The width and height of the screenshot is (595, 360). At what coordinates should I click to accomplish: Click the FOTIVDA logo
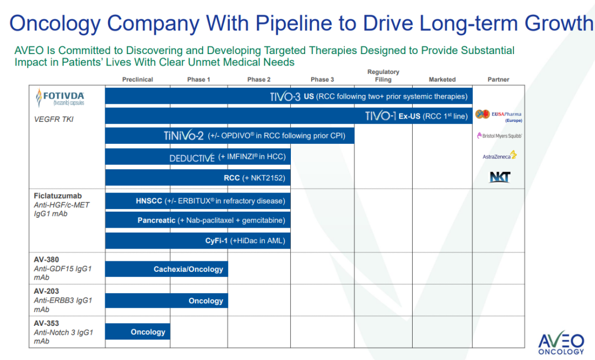pyautogui.click(x=60, y=98)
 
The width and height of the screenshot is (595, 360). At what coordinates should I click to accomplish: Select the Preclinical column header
pyautogui.click(x=137, y=79)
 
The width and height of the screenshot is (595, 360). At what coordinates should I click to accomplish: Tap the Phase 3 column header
pyautogui.click(x=322, y=79)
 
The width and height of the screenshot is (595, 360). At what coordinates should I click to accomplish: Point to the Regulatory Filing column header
pyautogui.click(x=383, y=76)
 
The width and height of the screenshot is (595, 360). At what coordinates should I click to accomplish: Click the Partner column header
pyautogui.click(x=498, y=79)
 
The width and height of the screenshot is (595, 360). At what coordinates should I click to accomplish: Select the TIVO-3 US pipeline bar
pyautogui.click(x=289, y=96)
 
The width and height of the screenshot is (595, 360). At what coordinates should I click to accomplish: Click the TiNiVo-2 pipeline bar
pyautogui.click(x=229, y=136)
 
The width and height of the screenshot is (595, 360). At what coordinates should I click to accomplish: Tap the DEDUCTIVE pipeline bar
pyautogui.click(x=198, y=157)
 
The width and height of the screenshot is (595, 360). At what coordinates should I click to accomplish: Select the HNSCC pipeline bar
pyautogui.click(x=198, y=201)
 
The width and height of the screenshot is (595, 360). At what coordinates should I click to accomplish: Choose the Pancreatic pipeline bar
pyautogui.click(x=198, y=221)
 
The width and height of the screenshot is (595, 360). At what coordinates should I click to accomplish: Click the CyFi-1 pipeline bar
pyautogui.click(x=198, y=240)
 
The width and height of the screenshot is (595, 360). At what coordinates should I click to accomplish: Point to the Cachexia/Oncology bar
pyautogui.click(x=166, y=269)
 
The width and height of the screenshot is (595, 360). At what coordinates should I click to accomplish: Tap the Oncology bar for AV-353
pyautogui.click(x=138, y=332)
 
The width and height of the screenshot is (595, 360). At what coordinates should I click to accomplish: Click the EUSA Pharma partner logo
pyautogui.click(x=498, y=115)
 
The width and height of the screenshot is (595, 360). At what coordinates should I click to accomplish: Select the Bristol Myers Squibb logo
pyautogui.click(x=498, y=136)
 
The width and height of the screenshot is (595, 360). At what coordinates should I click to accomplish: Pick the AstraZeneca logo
pyautogui.click(x=499, y=156)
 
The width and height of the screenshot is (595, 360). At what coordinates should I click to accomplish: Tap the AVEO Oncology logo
pyautogui.click(x=561, y=343)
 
